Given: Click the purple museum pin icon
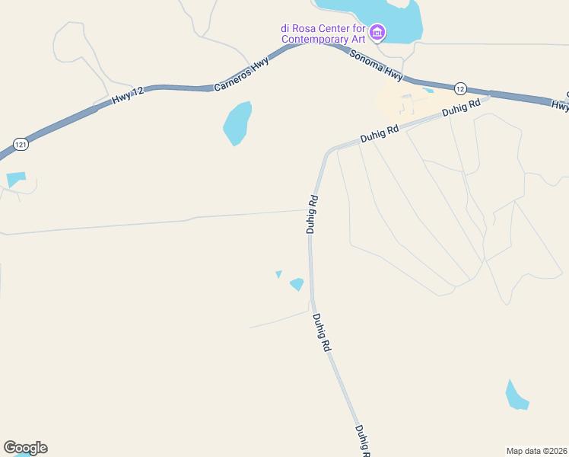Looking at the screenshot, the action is [377, 33].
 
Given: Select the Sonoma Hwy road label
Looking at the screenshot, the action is [375, 66].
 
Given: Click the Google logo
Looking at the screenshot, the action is [25, 448].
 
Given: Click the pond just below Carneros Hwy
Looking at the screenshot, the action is [237, 123].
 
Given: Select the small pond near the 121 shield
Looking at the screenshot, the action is [16, 180].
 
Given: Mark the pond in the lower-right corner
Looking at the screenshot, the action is [516, 395].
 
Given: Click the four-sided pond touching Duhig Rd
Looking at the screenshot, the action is [297, 284].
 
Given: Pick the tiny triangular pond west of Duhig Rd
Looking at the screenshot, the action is [279, 273].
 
